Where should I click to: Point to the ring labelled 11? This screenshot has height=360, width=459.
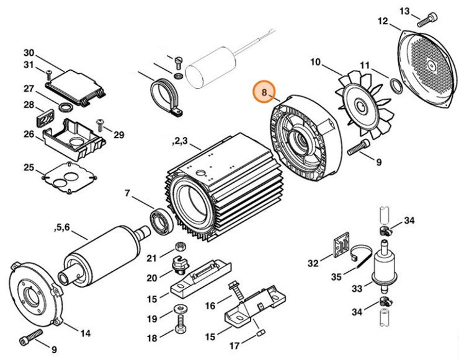[394, 84]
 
